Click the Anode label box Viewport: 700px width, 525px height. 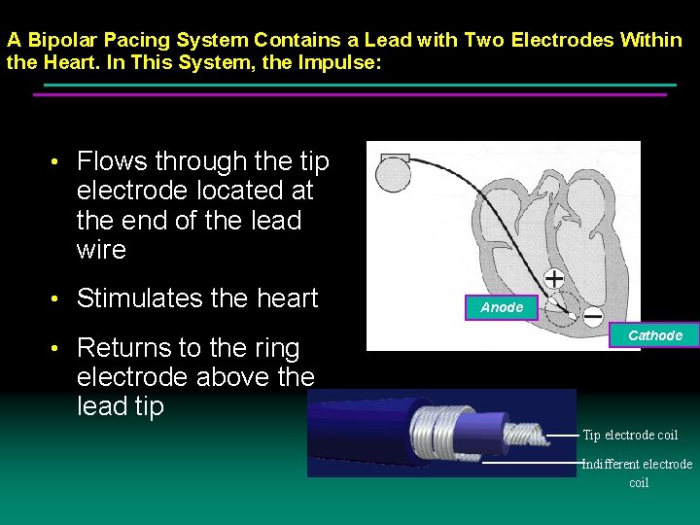coord(502,307)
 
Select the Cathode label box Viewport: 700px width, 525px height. coord(654,335)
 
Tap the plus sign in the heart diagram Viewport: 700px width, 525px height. coord(553,279)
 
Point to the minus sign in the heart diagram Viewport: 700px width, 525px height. coord(592,317)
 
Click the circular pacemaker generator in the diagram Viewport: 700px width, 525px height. coord(394,175)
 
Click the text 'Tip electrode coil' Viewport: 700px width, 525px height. coord(630,435)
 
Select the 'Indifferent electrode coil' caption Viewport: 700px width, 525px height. coord(637,472)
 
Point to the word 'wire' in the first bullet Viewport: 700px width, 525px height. coord(101,250)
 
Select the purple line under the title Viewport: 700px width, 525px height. coord(350,94)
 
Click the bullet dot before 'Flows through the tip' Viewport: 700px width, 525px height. coord(58,161)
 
